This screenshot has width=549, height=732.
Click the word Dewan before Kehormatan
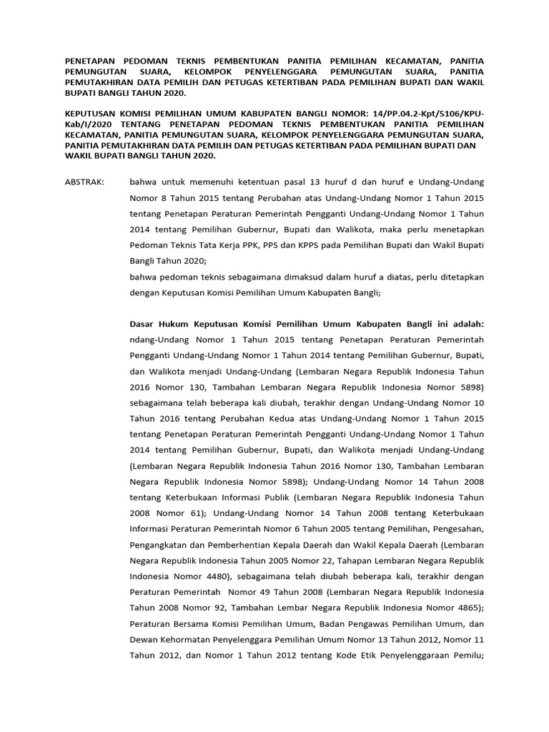point(146,641)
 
